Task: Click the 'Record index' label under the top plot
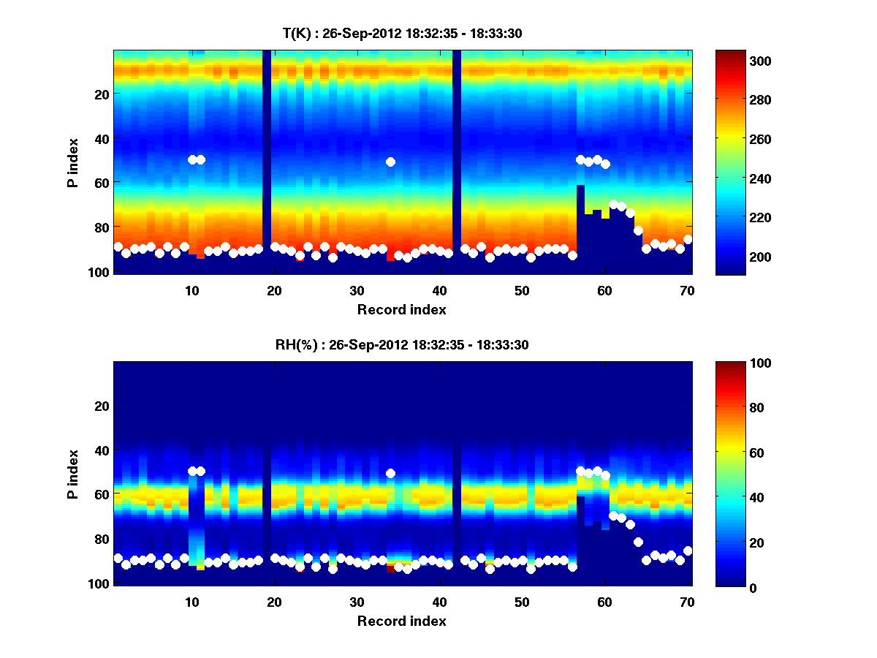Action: point(401,309)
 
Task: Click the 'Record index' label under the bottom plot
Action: point(401,621)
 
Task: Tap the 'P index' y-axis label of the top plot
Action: point(73,162)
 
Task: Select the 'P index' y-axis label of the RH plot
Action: point(73,474)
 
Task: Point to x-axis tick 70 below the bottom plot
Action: point(686,601)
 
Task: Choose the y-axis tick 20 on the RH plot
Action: point(102,406)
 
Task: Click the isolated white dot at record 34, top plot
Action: point(390,162)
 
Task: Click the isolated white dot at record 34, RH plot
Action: point(390,473)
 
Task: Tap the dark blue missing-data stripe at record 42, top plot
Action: point(456,146)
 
